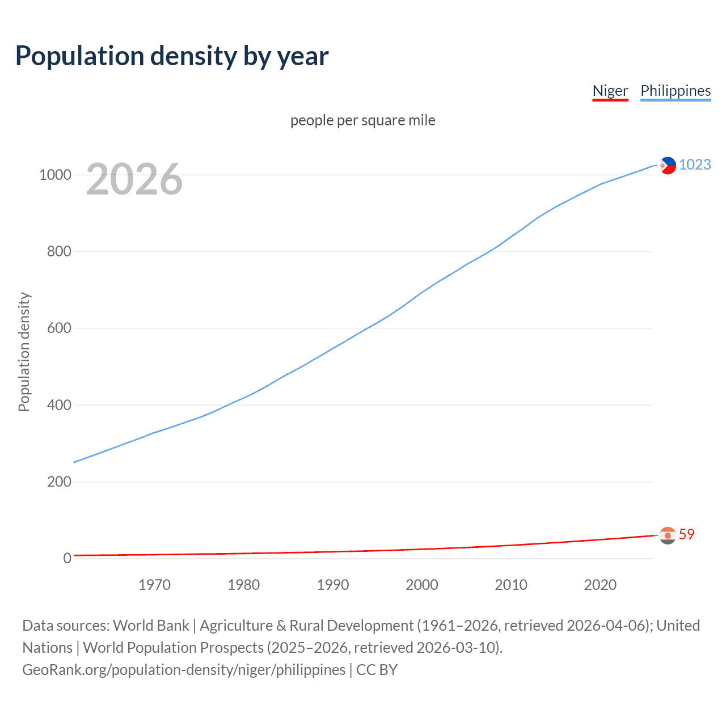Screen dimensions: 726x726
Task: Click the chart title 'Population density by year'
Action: [172, 56]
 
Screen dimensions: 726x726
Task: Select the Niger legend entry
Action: [610, 91]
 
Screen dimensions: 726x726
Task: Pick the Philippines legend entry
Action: [675, 91]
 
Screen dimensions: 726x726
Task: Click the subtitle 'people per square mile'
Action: [363, 120]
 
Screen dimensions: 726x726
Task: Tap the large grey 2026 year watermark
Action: [134, 179]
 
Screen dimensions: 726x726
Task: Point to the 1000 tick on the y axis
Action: [55, 175]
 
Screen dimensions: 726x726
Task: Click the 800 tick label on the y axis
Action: [59, 251]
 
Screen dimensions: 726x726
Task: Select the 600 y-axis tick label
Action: [59, 328]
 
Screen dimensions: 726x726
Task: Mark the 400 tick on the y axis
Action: [59, 405]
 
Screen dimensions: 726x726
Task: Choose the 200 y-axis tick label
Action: [59, 482]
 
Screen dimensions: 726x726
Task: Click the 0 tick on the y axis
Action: [67, 558]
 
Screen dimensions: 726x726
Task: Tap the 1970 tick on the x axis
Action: [154, 585]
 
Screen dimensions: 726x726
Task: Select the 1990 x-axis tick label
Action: [333, 585]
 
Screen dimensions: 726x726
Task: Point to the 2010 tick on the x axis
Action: [511, 585]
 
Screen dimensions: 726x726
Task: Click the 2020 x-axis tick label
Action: [600, 585]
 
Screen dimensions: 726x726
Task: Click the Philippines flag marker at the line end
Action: [668, 166]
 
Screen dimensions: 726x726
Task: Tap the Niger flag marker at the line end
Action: [668, 535]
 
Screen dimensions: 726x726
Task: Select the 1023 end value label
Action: [695, 164]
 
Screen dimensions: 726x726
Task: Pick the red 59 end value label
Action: [686, 534]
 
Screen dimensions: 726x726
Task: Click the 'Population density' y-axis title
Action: [24, 352]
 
